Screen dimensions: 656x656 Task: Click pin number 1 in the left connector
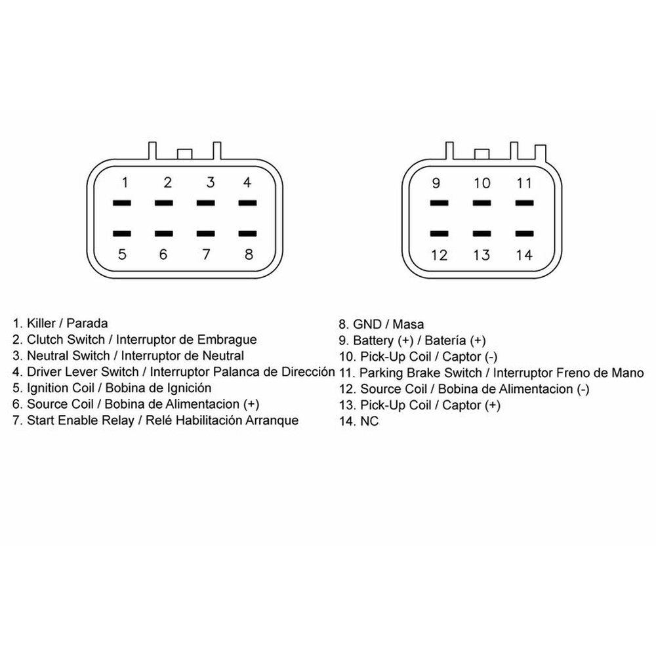(x=125, y=182)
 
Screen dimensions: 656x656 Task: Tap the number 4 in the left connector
(x=247, y=182)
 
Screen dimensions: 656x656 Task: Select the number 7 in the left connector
(x=206, y=255)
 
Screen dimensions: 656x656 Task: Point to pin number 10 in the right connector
(x=482, y=183)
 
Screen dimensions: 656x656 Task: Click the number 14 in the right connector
(x=524, y=255)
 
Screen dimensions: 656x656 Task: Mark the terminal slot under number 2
(x=163, y=203)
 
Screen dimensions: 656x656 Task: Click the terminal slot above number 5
(x=122, y=234)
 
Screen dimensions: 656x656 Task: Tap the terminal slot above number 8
(x=248, y=234)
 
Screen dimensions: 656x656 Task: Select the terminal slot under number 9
(x=440, y=203)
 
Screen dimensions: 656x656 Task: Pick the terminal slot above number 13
(x=482, y=234)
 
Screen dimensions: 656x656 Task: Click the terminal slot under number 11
(x=525, y=203)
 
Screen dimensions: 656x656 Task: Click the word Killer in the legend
(x=41, y=323)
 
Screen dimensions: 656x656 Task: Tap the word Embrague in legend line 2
(x=227, y=340)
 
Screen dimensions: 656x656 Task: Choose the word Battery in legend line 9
(x=375, y=340)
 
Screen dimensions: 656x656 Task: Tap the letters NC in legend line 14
(x=369, y=421)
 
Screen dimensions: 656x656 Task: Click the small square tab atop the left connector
(x=184, y=154)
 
